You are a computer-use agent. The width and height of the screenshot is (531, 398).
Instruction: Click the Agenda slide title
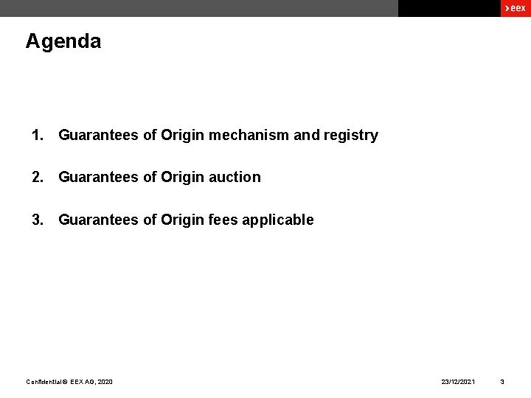pyautogui.click(x=63, y=41)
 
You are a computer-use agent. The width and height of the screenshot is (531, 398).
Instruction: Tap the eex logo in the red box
pyautogui.click(x=515, y=8)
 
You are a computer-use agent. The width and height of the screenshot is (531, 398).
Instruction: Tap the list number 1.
pyautogui.click(x=37, y=135)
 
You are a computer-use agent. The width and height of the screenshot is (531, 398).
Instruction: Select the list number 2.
pyautogui.click(x=37, y=177)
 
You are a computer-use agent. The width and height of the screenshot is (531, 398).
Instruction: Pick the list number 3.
pyautogui.click(x=37, y=220)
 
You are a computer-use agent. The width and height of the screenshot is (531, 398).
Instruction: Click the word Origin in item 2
pyautogui.click(x=182, y=178)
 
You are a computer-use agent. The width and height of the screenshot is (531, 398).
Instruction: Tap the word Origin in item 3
pyautogui.click(x=182, y=220)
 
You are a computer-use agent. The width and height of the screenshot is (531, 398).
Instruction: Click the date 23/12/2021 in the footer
pyautogui.click(x=458, y=382)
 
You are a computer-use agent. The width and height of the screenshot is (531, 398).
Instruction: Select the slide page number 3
pyautogui.click(x=502, y=382)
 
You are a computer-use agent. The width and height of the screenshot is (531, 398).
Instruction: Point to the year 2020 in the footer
pyautogui.click(x=105, y=382)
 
